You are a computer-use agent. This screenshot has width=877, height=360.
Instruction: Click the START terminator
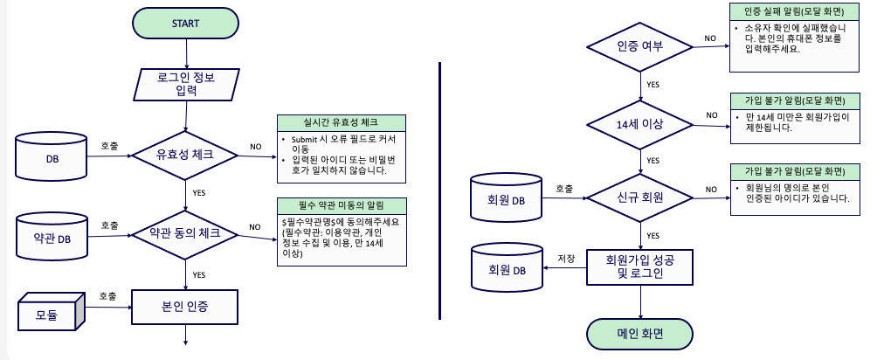[185, 23]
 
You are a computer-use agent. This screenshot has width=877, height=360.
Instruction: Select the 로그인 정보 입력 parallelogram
[186, 84]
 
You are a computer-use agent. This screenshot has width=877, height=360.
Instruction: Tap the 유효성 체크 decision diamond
[185, 156]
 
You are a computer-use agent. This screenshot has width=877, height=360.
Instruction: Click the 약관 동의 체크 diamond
[185, 234]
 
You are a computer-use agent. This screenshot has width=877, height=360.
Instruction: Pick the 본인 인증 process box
[185, 308]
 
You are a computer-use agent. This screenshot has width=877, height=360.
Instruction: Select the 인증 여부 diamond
[640, 46]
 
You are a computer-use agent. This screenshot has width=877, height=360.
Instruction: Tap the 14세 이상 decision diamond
[640, 123]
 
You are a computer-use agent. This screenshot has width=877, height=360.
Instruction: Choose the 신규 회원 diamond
[640, 197]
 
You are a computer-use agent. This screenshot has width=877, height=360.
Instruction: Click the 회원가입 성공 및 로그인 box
[640, 267]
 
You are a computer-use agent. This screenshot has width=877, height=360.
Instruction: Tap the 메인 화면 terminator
[640, 334]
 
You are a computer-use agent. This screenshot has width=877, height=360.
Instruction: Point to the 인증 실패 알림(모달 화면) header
[793, 11]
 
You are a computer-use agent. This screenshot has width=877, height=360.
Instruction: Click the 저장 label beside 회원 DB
[566, 258]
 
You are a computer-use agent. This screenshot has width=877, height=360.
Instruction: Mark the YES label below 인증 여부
[653, 85]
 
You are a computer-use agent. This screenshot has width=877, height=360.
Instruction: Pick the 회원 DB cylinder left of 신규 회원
[507, 199]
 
